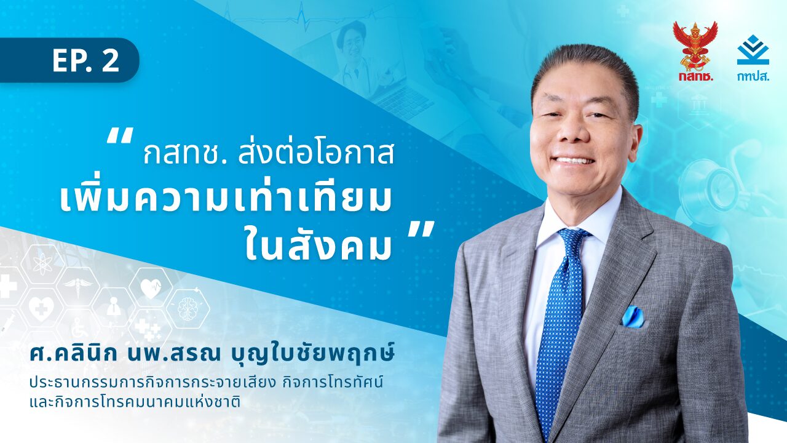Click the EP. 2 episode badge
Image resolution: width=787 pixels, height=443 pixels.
69,60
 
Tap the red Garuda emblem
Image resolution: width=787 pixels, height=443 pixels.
695,46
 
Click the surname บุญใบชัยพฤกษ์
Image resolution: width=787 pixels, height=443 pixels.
309,356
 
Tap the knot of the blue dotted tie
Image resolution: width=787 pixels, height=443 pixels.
572,242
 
